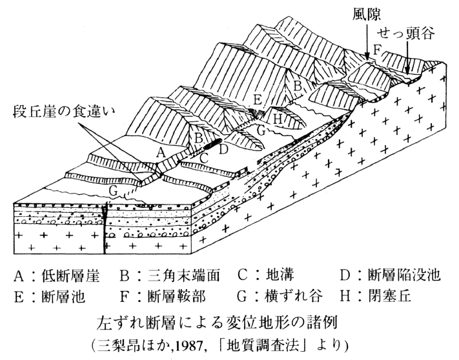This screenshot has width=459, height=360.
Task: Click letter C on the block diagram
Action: point(203,157)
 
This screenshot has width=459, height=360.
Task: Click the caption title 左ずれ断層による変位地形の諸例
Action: point(230,320)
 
